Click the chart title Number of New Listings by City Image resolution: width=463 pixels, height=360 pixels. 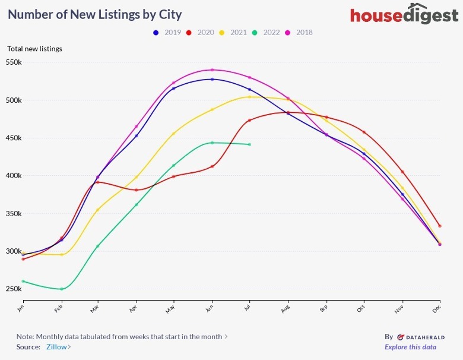[95, 14]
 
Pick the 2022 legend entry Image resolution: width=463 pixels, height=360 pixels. [267, 32]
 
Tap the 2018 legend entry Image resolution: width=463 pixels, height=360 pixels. [300, 32]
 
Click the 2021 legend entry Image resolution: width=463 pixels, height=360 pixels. [233, 32]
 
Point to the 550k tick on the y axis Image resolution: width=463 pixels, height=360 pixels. [14, 62]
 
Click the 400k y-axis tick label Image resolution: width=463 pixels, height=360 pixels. [14, 176]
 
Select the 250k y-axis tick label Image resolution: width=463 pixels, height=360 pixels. [14, 289]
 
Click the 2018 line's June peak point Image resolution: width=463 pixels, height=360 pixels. [212, 70]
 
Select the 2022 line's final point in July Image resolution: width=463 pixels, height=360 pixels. [249, 144]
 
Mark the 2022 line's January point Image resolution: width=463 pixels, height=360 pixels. [23, 281]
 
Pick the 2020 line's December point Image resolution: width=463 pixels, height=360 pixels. [440, 226]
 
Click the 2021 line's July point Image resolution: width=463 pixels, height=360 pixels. [249, 97]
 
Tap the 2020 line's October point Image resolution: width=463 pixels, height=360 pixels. [364, 132]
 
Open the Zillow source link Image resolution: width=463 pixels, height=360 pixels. [58, 347]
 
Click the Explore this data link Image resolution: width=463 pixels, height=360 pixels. [410, 347]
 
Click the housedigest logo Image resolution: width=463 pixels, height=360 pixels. [404, 15]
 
